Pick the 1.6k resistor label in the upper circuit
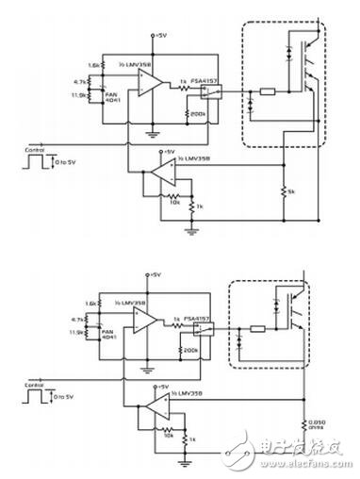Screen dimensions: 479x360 coord(92,64)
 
